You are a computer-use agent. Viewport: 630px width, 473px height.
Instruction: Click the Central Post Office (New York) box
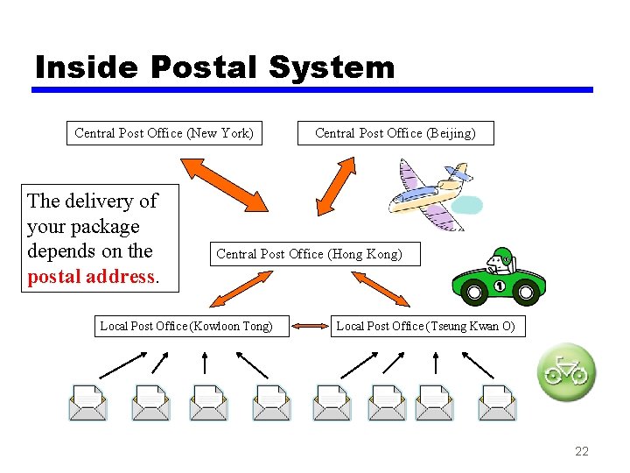click(164, 133)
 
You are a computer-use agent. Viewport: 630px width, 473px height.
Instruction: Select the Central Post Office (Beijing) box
click(395, 133)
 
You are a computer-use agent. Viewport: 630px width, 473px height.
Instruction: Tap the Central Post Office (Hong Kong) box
click(310, 254)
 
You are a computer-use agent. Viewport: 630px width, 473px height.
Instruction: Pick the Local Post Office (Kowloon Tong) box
click(186, 327)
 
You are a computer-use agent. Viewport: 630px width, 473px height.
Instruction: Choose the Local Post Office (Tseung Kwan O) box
click(426, 327)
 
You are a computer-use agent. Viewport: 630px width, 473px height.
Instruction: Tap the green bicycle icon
click(566, 372)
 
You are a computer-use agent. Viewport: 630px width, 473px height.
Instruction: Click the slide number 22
click(582, 451)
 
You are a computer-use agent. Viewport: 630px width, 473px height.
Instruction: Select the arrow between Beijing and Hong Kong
click(334, 186)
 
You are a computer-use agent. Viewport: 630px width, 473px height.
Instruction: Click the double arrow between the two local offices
click(307, 327)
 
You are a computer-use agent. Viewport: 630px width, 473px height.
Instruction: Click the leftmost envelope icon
click(88, 402)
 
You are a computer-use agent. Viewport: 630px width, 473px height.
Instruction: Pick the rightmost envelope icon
click(497, 402)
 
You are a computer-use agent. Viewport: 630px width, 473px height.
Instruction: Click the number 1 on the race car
click(500, 286)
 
